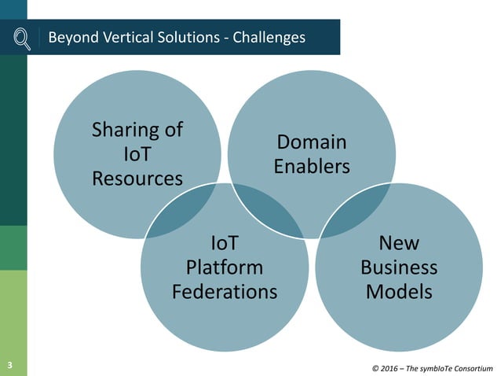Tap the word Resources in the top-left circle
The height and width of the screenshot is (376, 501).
click(137, 178)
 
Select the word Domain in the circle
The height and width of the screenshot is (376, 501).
click(312, 142)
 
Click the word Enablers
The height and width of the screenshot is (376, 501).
click(313, 167)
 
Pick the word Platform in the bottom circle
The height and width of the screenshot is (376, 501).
click(225, 267)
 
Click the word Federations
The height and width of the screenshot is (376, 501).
click(225, 291)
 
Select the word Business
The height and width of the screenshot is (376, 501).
click(399, 267)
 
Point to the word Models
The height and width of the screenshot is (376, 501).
click(399, 291)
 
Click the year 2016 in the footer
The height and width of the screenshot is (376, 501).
click(392, 367)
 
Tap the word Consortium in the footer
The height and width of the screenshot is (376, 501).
click(470, 367)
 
